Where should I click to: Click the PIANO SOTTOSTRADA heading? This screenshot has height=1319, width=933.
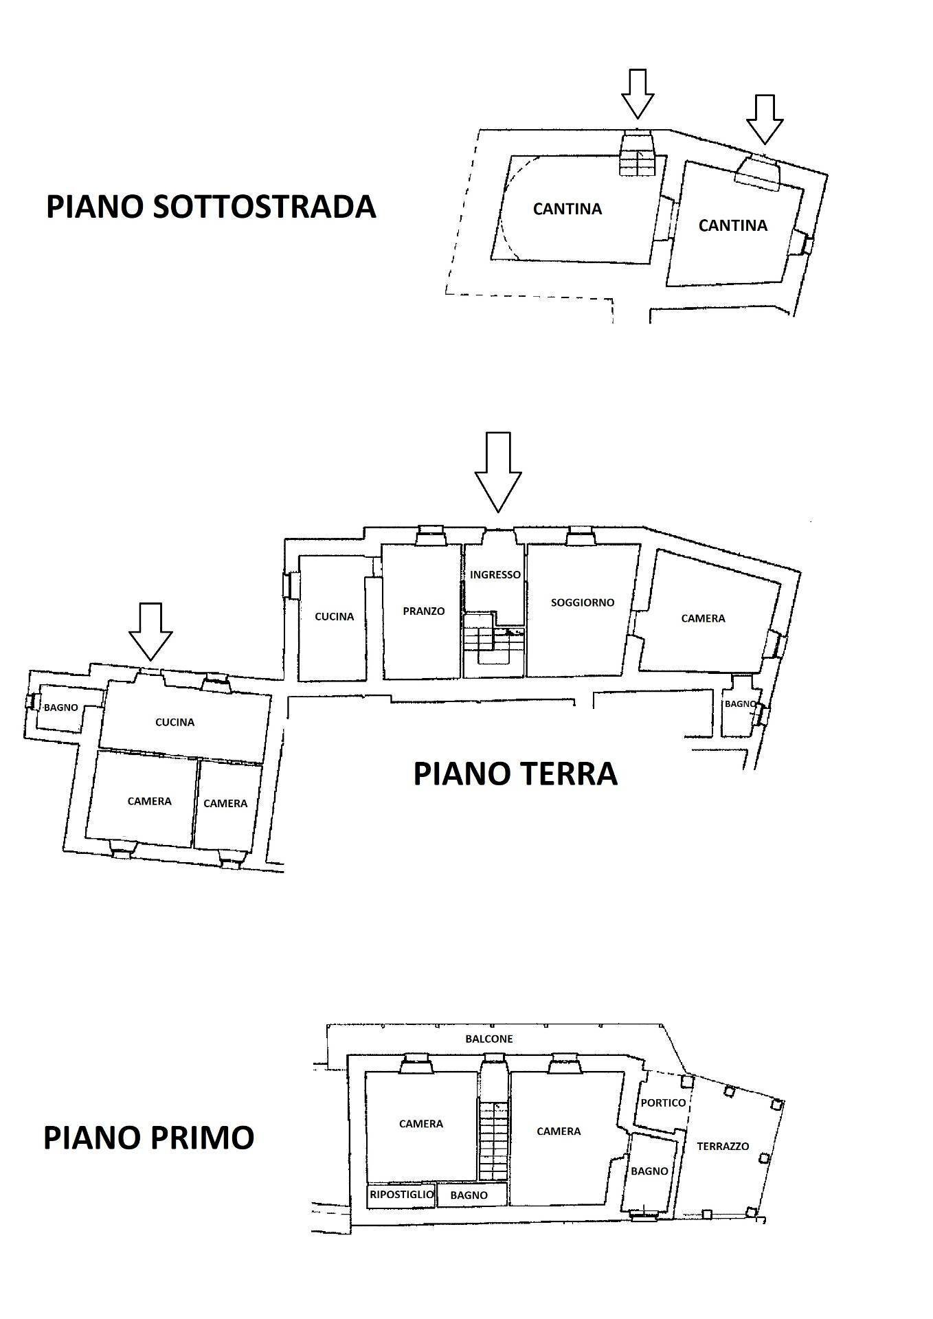point(210,207)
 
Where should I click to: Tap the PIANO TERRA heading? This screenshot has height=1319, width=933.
point(515,774)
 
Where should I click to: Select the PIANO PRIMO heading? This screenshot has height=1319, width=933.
point(148,1137)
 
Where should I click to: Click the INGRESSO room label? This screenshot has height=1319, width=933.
point(495,574)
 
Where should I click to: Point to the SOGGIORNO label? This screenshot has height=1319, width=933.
point(582,602)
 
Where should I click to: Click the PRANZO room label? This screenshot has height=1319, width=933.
point(423,611)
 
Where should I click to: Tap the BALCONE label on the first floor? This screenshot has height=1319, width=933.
point(488,1039)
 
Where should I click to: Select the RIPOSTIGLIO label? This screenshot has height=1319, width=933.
point(401,1195)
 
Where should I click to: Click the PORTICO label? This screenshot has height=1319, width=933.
point(662,1103)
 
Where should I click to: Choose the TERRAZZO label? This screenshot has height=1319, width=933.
point(722,1146)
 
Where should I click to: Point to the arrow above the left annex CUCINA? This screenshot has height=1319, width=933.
point(150,631)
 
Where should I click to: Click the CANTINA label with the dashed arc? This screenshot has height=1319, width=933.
point(567,208)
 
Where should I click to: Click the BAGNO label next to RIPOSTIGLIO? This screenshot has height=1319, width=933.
point(469,1195)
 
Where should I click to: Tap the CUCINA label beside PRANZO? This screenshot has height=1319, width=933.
point(334,616)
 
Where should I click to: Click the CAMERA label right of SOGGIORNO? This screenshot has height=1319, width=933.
point(703,618)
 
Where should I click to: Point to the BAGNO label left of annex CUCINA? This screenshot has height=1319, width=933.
point(60,707)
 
